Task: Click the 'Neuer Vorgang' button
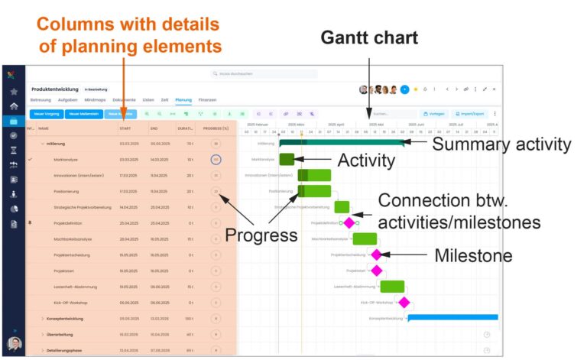point(47,114)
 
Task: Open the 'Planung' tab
point(183,100)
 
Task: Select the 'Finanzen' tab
point(207,100)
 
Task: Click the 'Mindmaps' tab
point(95,100)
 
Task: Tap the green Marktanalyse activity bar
point(287,160)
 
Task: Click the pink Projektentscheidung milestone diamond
point(376,255)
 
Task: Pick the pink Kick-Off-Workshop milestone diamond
point(404,302)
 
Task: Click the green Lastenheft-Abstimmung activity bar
point(392,287)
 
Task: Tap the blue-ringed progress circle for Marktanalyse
point(216,160)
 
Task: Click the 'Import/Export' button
point(469,114)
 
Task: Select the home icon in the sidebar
point(13,106)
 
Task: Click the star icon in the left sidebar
point(13,91)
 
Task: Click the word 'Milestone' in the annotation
point(472,255)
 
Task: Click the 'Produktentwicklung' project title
point(55,89)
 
